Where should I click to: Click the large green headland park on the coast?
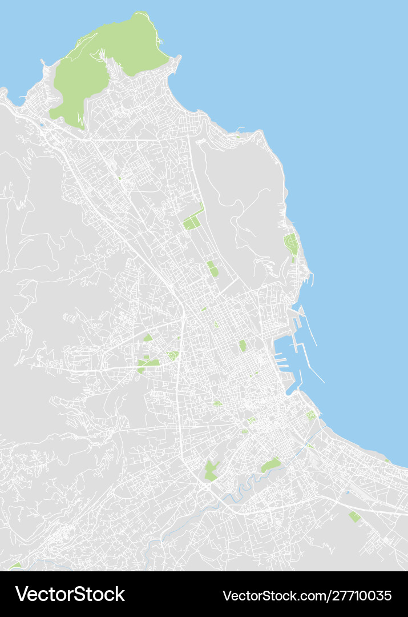coord(103,63)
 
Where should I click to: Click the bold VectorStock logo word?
coord(70,595)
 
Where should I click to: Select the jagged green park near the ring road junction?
coord(212,470)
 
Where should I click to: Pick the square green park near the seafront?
coord(311,415)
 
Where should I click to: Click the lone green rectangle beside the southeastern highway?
coord(355,516)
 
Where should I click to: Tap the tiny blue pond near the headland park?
coord(42,124)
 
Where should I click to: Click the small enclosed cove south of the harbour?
coord(292,388)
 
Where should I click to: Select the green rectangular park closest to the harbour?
coord(243,346)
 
